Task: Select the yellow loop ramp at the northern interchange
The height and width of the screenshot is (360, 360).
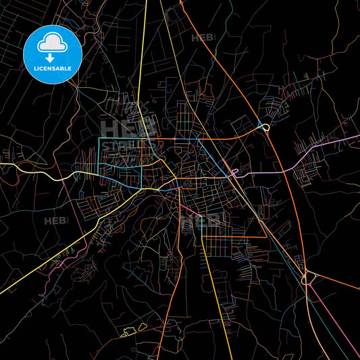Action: tap(265, 126)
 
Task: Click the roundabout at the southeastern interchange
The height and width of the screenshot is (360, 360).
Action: tap(310, 277)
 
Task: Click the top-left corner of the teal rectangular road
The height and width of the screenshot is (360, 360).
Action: tap(99, 138)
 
